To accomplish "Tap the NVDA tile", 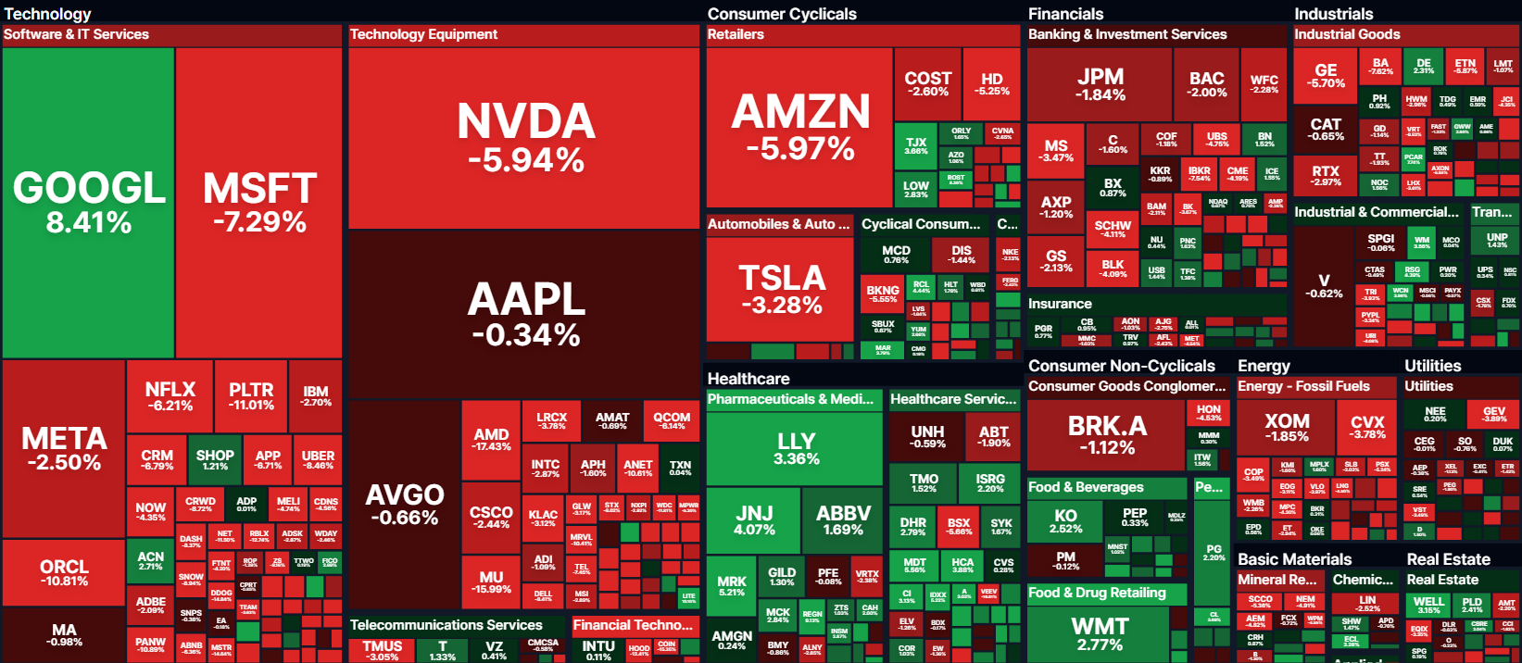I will pyautogui.click(x=524, y=137).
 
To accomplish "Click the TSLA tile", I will pyautogui.click(x=780, y=289).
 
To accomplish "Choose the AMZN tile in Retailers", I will pyautogui.click(x=799, y=128).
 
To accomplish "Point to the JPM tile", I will pyautogui.click(x=1100, y=85).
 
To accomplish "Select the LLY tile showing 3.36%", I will pyautogui.click(x=796, y=448).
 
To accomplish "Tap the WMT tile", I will pyautogui.click(x=1099, y=633).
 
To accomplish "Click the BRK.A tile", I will pyautogui.click(x=1106, y=433).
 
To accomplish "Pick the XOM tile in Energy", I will pyautogui.click(x=1286, y=428).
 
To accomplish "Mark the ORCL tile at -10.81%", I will pyautogui.click(x=64, y=572).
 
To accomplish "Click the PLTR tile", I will pyautogui.click(x=251, y=396).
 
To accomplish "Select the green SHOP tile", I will pyautogui.click(x=215, y=459).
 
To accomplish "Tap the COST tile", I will pyautogui.click(x=927, y=83).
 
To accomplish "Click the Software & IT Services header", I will pyautogui.click(x=76, y=34).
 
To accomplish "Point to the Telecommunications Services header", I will pyautogui.click(x=446, y=625).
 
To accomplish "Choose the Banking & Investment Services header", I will pyautogui.click(x=1127, y=34).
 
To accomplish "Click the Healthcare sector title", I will pyautogui.click(x=748, y=379).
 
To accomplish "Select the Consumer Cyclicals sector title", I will pyautogui.click(x=782, y=14).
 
